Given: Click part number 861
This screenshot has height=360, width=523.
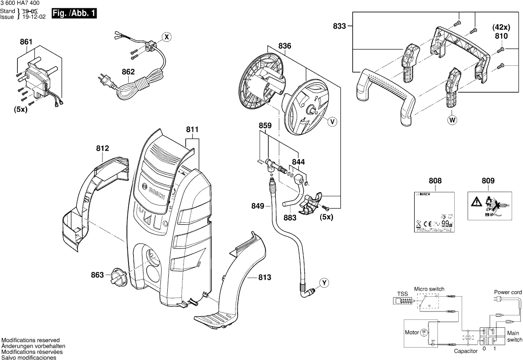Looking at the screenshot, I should [x=26, y=42].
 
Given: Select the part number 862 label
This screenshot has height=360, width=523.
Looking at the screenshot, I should [x=128, y=72].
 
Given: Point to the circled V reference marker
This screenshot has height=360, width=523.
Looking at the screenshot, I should [x=332, y=120].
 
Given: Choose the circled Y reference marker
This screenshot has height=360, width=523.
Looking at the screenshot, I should [x=324, y=283].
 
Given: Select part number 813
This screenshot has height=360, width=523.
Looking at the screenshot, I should [x=265, y=278].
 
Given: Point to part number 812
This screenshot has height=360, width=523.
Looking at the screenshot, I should [x=102, y=148].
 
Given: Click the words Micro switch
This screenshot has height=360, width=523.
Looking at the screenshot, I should [x=429, y=289].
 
